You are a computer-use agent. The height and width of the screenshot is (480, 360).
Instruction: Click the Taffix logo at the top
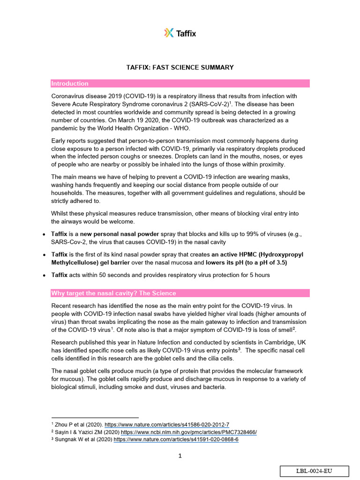(x=180, y=33)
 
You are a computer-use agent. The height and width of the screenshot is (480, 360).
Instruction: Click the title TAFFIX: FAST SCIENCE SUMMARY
(x=180, y=67)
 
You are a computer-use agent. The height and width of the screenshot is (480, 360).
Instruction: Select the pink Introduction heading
(x=70, y=83)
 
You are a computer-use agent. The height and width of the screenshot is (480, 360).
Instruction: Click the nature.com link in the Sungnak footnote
(x=176, y=440)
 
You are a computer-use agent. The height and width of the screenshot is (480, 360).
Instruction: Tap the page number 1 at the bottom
(x=180, y=456)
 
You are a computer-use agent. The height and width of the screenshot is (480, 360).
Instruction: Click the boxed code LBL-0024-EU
(x=315, y=472)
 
